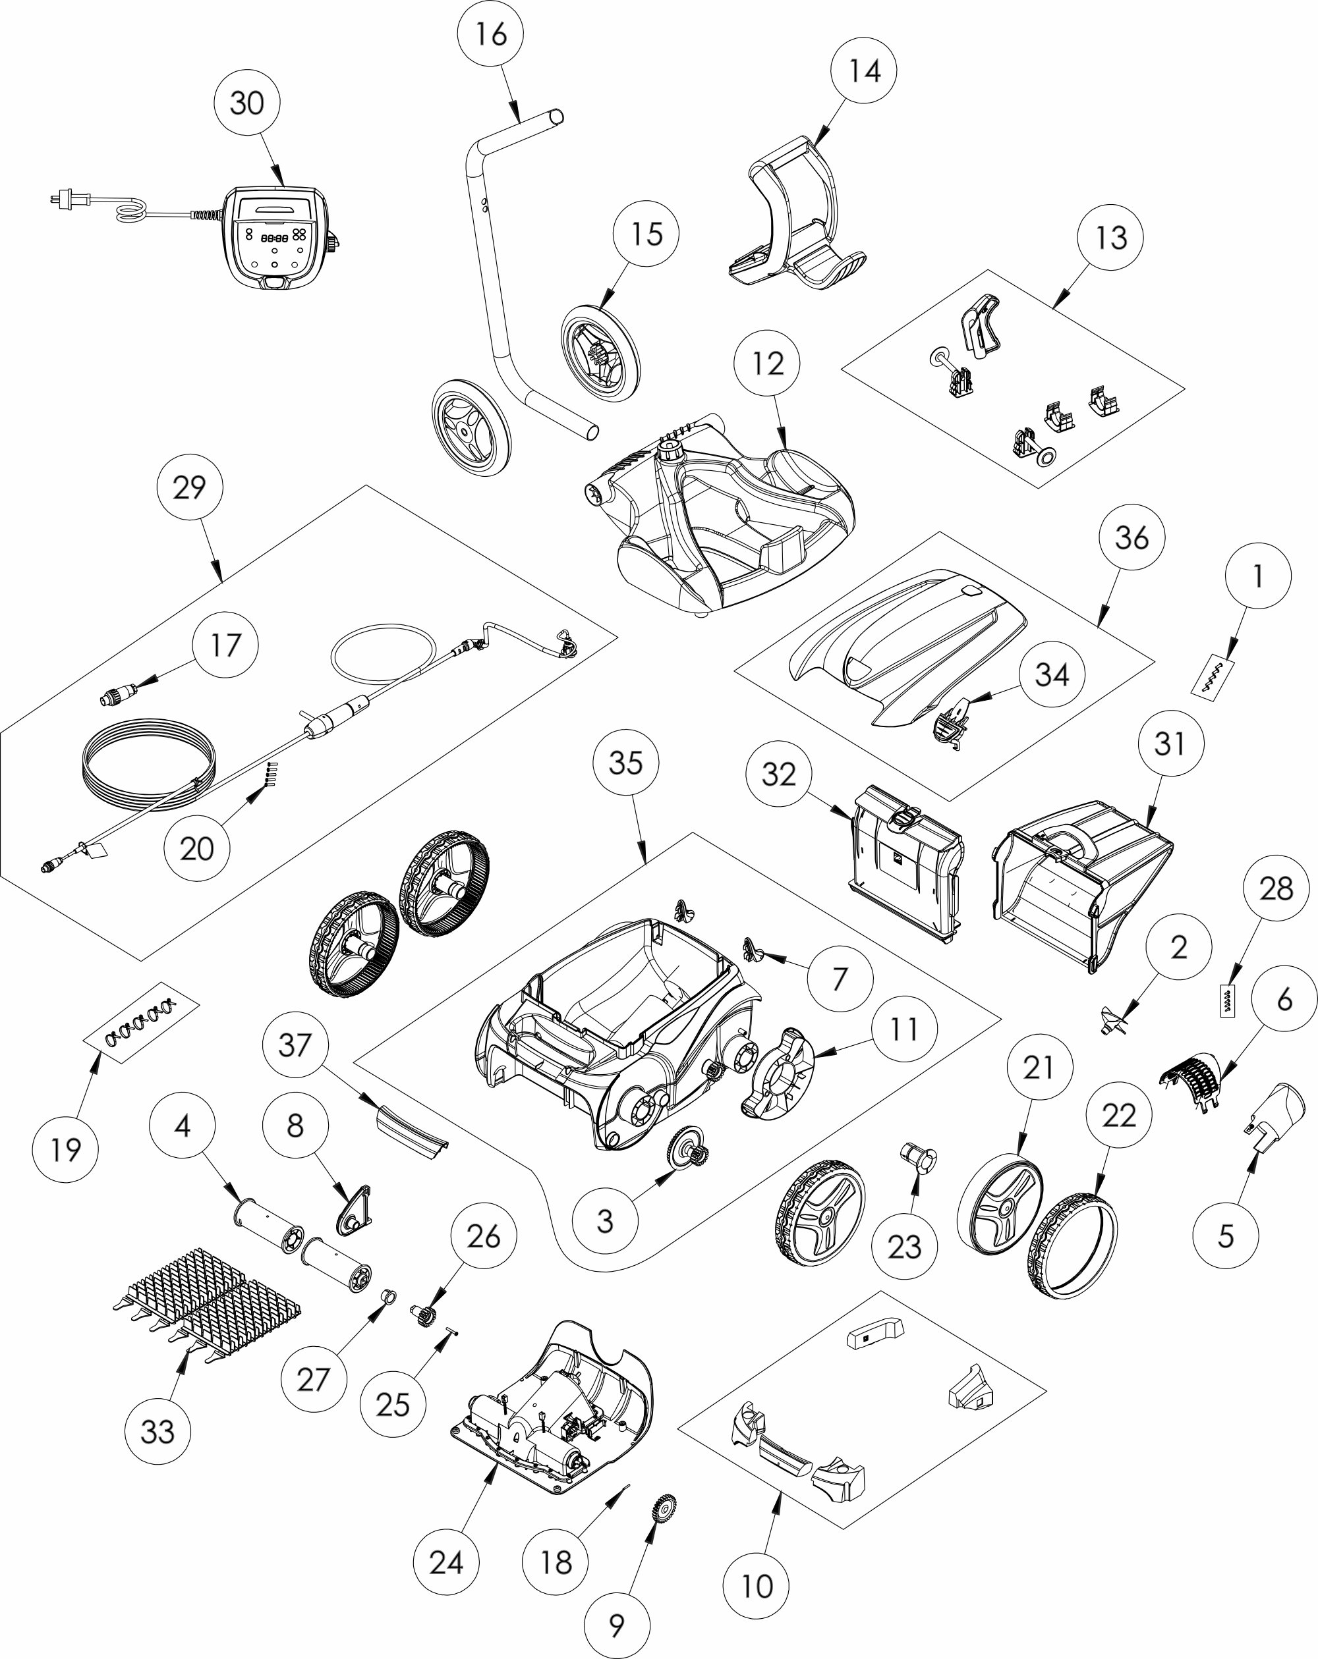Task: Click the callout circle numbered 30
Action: pyautogui.click(x=246, y=102)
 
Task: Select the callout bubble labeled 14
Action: pyautogui.click(x=864, y=70)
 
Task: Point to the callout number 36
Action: pyautogui.click(x=1131, y=537)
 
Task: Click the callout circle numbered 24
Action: pyautogui.click(x=445, y=1562)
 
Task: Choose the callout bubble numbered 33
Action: pyautogui.click(x=157, y=1431)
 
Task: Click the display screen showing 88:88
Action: pyautogui.click(x=274, y=238)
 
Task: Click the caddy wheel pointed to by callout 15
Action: pyautogui.click(x=600, y=352)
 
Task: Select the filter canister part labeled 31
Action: pyautogui.click(x=1084, y=885)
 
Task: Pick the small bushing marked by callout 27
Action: pyautogui.click(x=388, y=1299)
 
